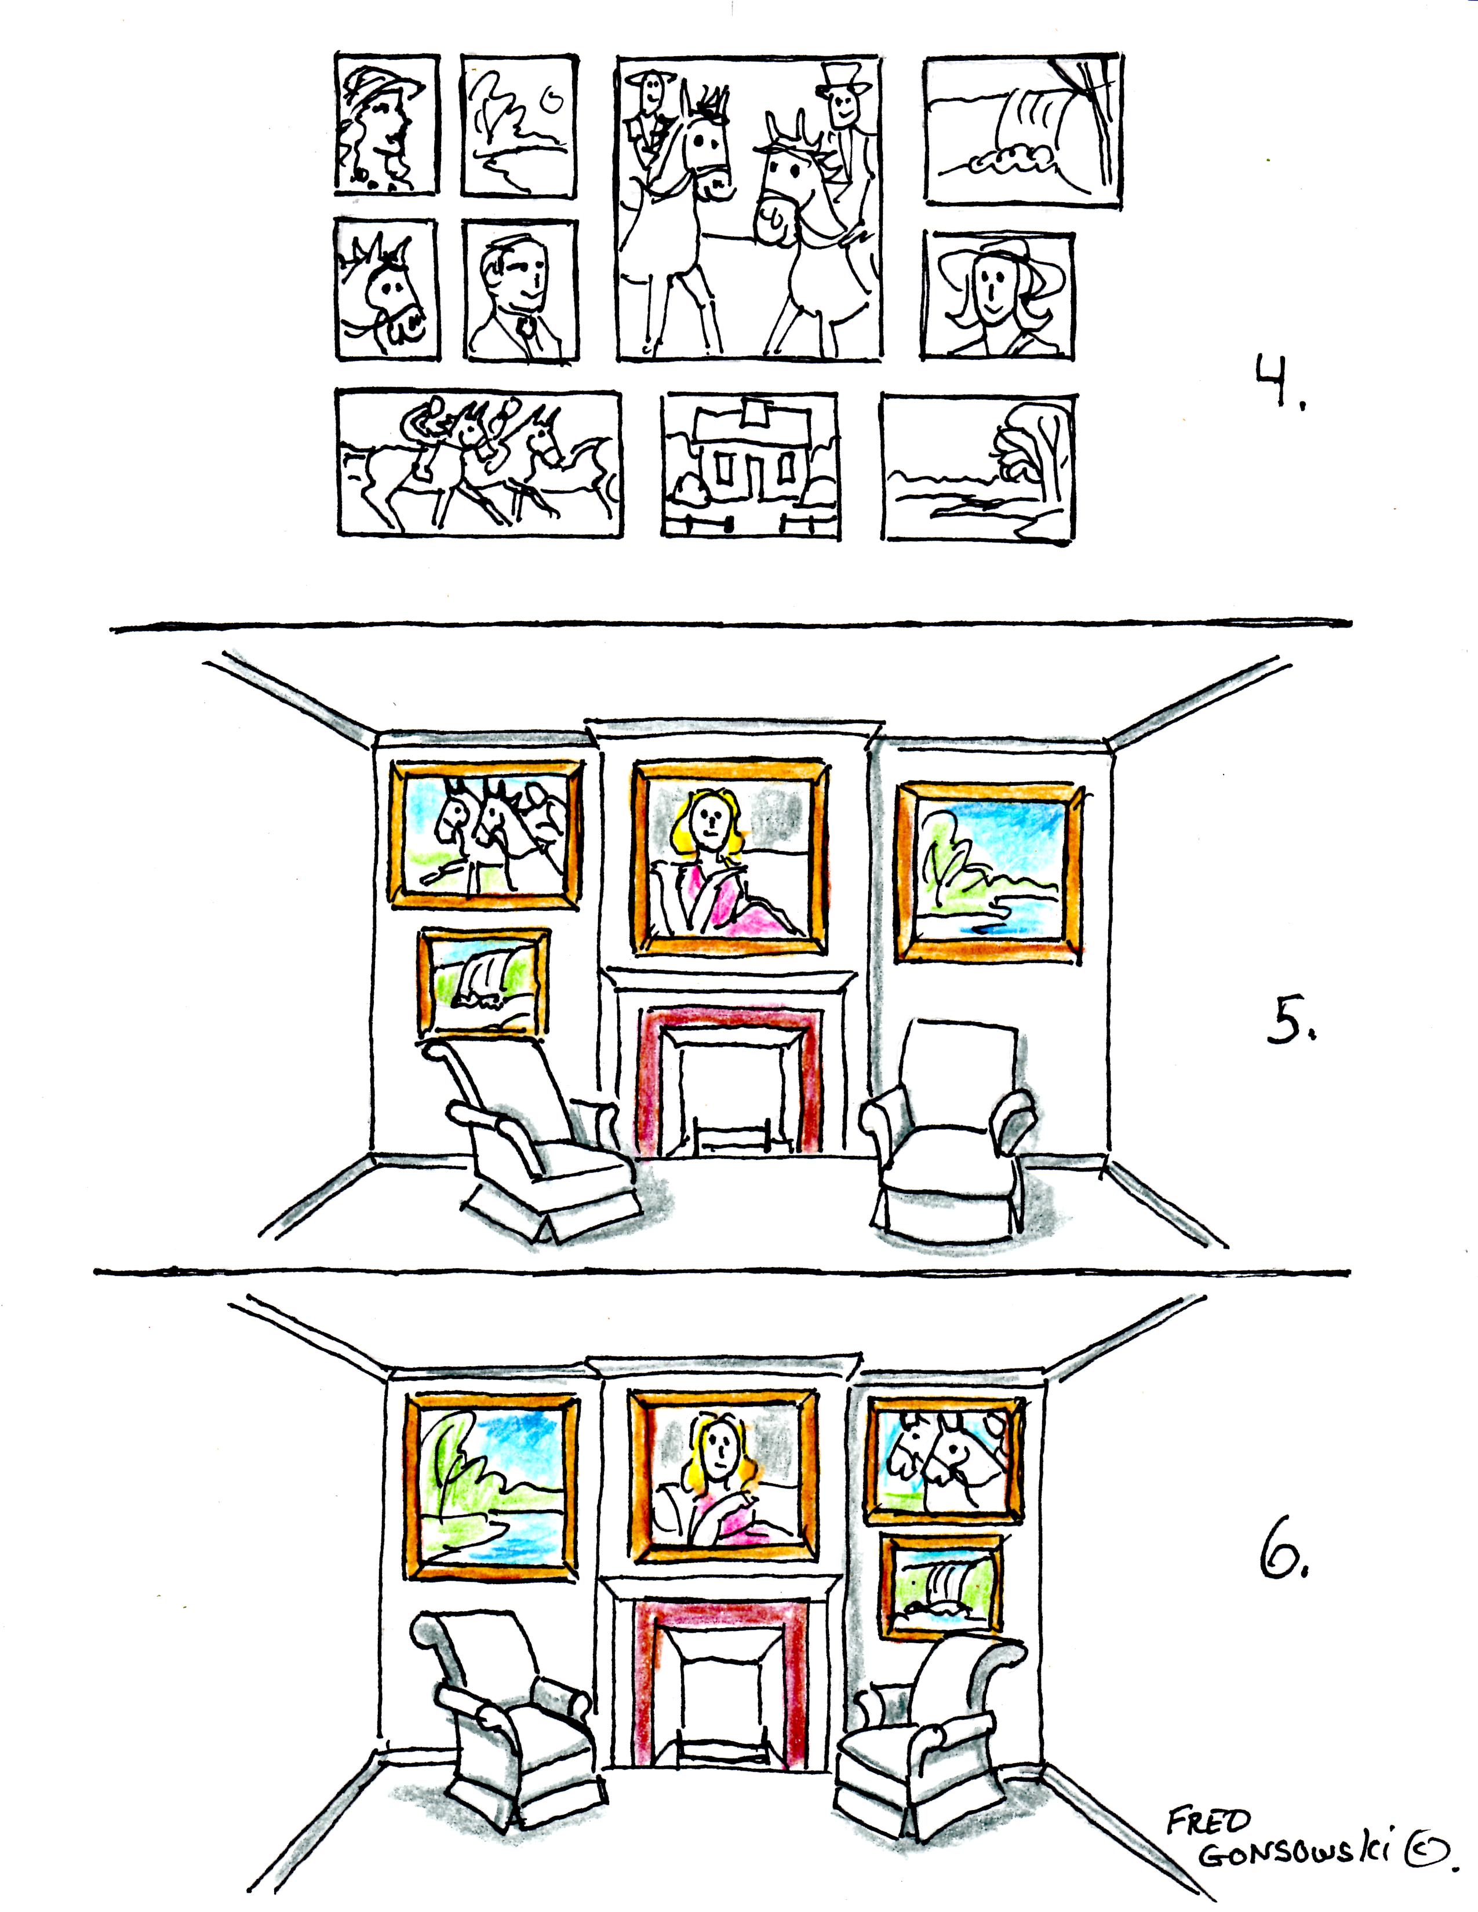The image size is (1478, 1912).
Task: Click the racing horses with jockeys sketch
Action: [x=479, y=464]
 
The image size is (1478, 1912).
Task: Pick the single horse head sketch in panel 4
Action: [x=386, y=288]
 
